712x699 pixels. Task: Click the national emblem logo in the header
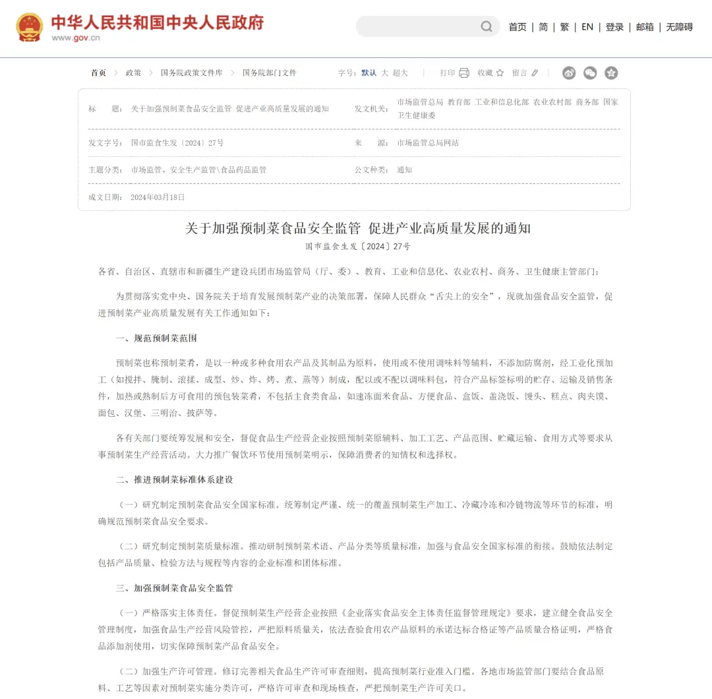(x=29, y=26)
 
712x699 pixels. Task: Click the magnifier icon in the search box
(x=487, y=26)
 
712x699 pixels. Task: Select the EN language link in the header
(x=587, y=27)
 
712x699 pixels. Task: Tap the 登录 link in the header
(x=614, y=27)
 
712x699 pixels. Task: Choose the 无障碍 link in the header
(x=679, y=27)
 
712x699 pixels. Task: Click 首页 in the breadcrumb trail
(x=98, y=73)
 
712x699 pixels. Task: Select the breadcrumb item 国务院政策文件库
(x=192, y=73)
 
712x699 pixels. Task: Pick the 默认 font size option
(x=369, y=73)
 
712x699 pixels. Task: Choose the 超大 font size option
(x=400, y=73)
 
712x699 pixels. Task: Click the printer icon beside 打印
(x=464, y=73)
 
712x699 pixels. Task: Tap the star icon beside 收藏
(x=500, y=73)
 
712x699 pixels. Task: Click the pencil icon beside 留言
(x=535, y=73)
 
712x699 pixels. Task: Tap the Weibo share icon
(x=569, y=73)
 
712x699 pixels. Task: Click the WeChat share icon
(x=590, y=73)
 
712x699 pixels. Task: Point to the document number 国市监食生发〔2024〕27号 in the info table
(x=177, y=142)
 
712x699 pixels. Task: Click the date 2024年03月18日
(x=158, y=197)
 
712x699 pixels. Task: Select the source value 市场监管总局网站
(x=428, y=142)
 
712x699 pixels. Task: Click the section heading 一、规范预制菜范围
(x=156, y=338)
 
